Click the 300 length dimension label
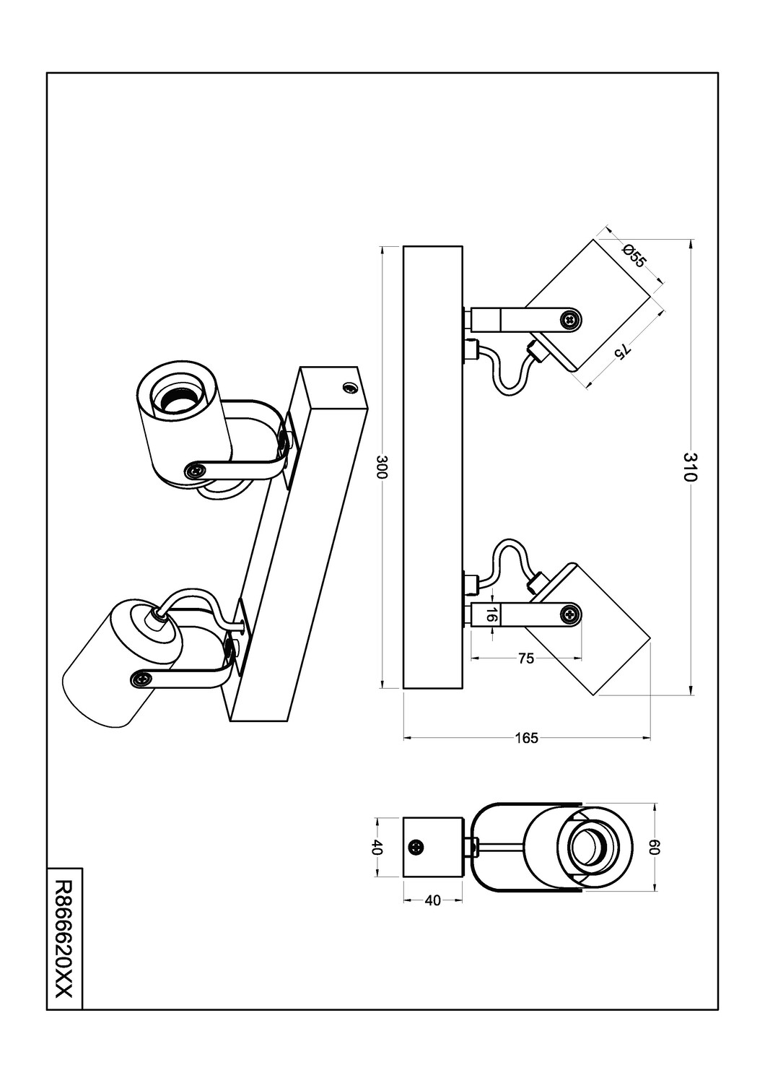[382, 467]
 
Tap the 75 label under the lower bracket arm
[526, 658]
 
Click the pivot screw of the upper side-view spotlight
[571, 319]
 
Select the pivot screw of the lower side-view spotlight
[571, 615]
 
